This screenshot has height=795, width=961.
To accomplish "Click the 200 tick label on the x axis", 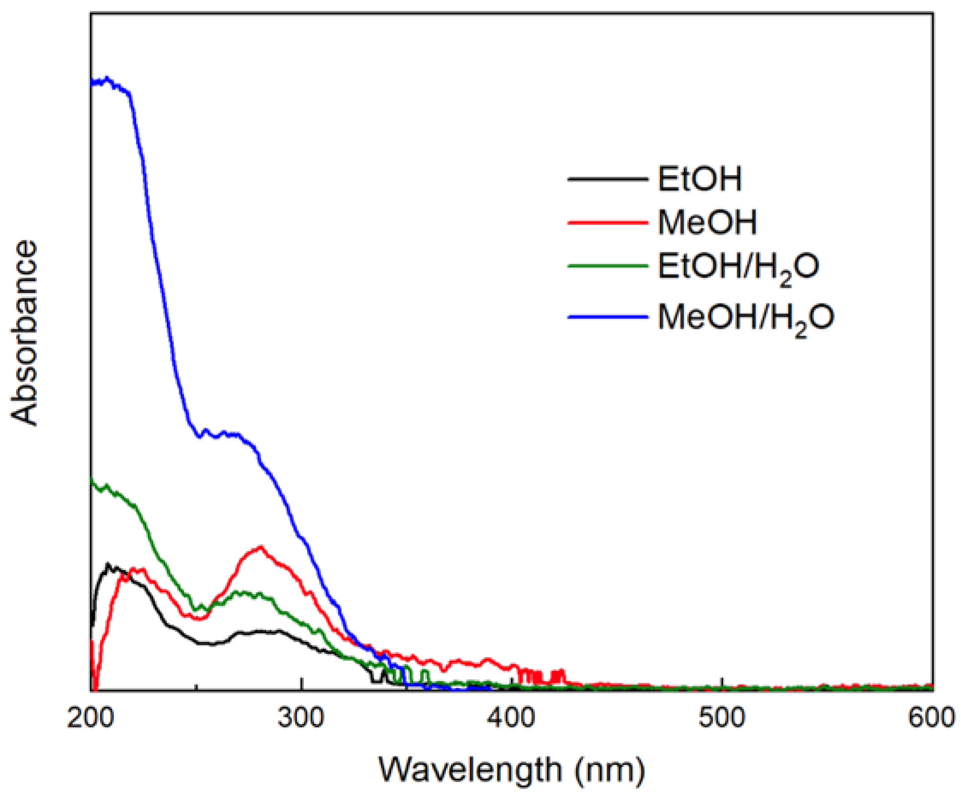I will pos(90,718).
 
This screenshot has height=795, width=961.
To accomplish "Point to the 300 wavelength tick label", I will pos(301,718).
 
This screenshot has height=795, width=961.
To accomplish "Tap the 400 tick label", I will pos(511,718).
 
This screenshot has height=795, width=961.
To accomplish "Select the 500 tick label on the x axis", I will pos(722,718).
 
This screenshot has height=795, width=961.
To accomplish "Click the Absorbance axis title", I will pos(24,333).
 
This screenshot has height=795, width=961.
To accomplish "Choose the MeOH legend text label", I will pos(707,222).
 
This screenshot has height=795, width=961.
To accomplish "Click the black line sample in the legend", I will pos(608,179).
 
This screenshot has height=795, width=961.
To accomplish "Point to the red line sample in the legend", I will pos(608,223).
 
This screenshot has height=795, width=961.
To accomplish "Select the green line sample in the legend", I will pos(608,265).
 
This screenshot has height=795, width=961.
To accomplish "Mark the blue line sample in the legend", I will pos(608,316).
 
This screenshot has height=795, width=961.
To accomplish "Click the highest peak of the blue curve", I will pos(107,78).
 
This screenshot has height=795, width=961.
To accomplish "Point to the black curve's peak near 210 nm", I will pos(108,564).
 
